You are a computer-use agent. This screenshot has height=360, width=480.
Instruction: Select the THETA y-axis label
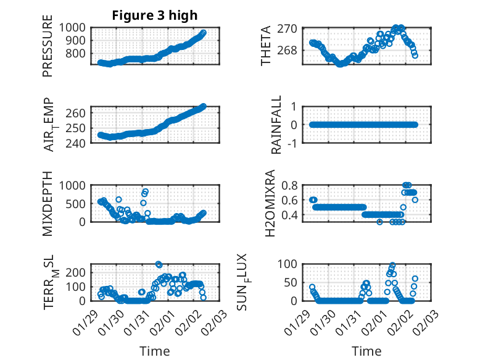pyautogui.click(x=266, y=46)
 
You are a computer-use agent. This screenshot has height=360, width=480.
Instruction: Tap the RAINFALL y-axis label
pyautogui.click(x=277, y=125)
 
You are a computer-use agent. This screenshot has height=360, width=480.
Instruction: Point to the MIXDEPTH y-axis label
pyautogui.click(x=48, y=203)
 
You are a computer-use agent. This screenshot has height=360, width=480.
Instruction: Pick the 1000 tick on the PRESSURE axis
pyautogui.click(x=75, y=27)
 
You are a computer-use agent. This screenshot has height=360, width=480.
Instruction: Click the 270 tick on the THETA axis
pyautogui.click(x=291, y=28)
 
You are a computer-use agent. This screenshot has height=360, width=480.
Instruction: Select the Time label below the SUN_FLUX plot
pyautogui.click(x=366, y=351)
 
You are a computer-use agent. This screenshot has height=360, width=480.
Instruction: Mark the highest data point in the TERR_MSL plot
pyautogui.click(x=159, y=264)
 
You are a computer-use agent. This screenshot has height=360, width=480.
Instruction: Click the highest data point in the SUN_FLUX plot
pyautogui.click(x=392, y=265)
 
